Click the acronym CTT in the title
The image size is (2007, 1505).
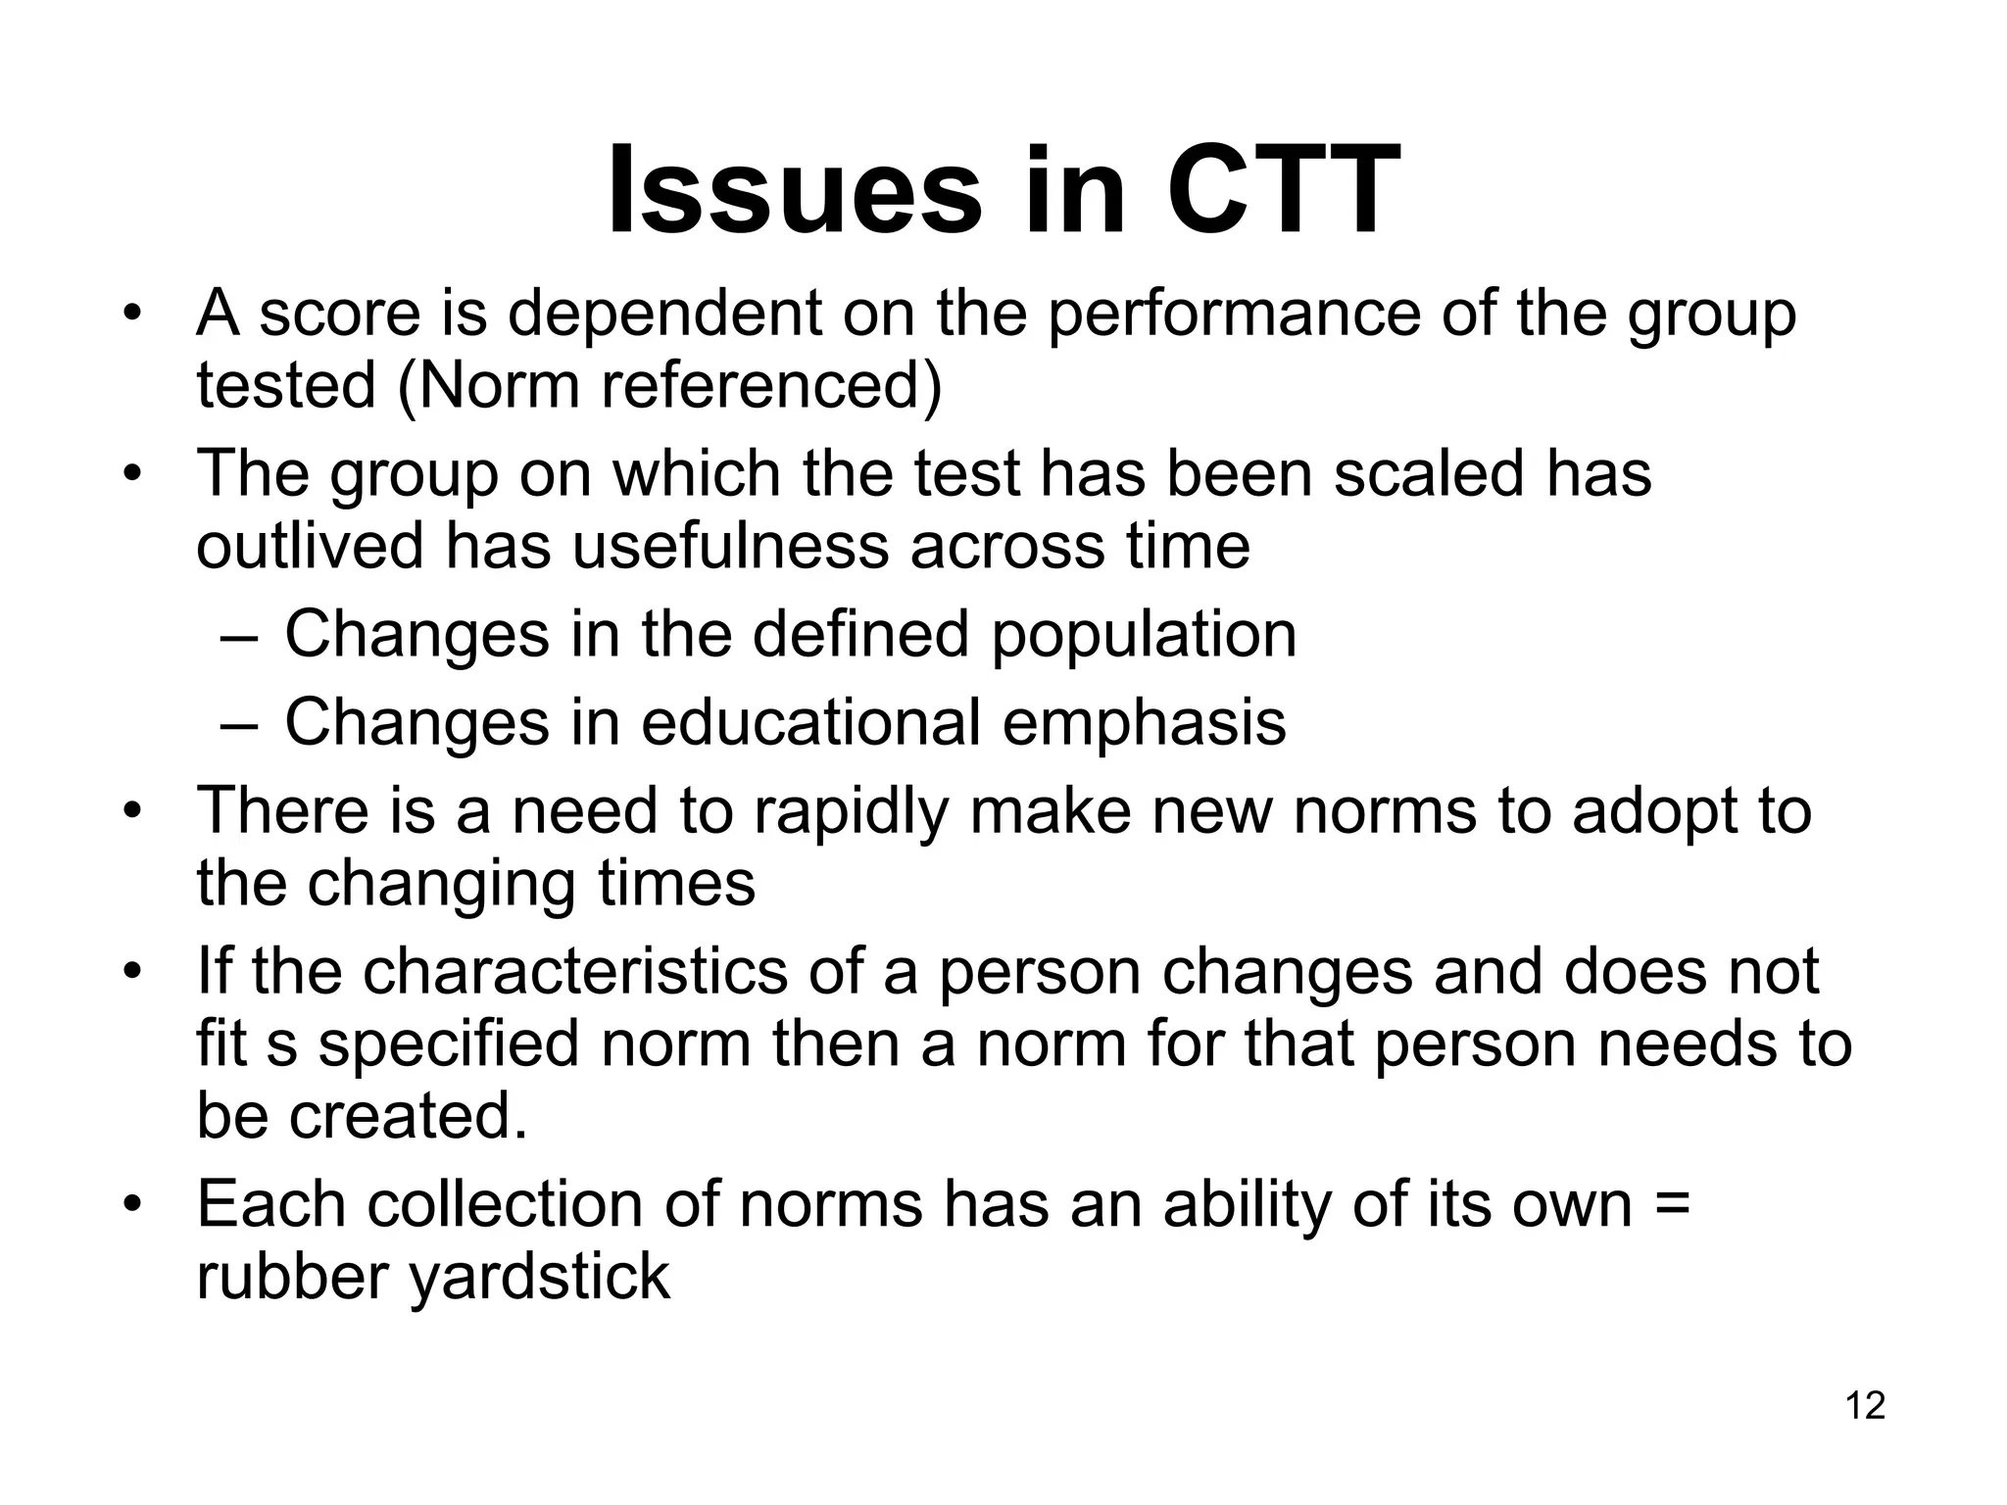(1283, 191)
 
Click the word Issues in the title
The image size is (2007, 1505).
(794, 191)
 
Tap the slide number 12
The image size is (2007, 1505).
(1865, 1406)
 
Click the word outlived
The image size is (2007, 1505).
(310, 546)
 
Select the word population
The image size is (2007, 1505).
(1144, 634)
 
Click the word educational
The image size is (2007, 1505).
(811, 722)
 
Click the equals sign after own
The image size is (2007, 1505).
(1671, 1204)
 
